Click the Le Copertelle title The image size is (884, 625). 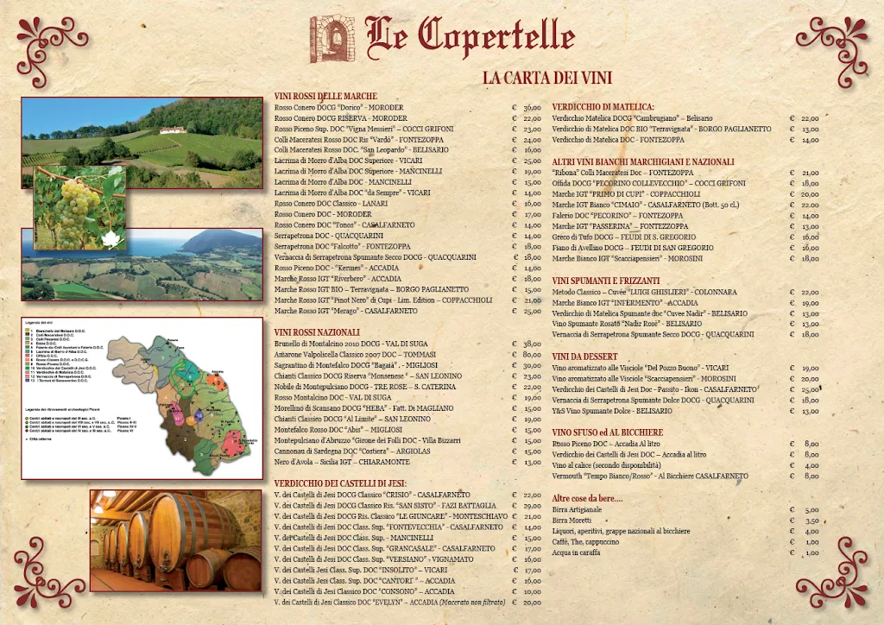pyautogui.click(x=470, y=35)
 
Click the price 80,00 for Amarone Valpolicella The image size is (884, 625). pyautogui.click(x=532, y=355)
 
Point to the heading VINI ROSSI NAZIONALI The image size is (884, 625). pyautogui.click(x=317, y=332)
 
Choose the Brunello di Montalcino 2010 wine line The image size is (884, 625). pyautogui.click(x=351, y=344)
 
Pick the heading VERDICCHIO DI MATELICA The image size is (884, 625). pyautogui.click(x=603, y=106)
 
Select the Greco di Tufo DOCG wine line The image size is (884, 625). pyautogui.click(x=624, y=237)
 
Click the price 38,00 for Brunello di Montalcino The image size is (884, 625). pyautogui.click(x=532, y=344)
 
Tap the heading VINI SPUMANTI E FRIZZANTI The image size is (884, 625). pyautogui.click(x=606, y=281)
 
